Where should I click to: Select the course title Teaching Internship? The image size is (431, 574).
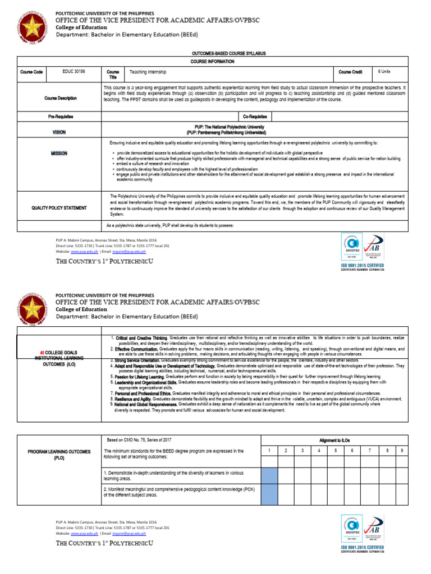tap(148, 72)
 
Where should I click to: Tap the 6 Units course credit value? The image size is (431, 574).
tap(384, 72)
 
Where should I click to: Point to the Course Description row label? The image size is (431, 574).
tap(61, 98)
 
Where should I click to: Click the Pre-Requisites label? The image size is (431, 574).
tap(61, 117)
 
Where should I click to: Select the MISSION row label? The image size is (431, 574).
tap(59, 153)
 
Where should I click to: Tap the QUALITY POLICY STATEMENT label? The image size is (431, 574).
tap(59, 207)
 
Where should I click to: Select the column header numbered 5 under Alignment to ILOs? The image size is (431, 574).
tap(334, 450)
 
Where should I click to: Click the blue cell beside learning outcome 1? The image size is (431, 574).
tap(269, 475)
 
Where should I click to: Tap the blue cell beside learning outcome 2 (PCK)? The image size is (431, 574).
tap(269, 495)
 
